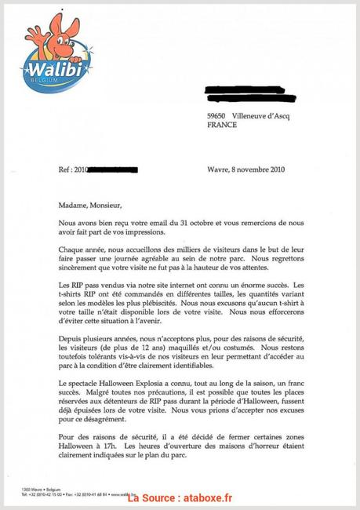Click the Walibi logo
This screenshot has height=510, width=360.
[x=60, y=53]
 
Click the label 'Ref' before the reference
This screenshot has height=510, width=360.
[x=67, y=169]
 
